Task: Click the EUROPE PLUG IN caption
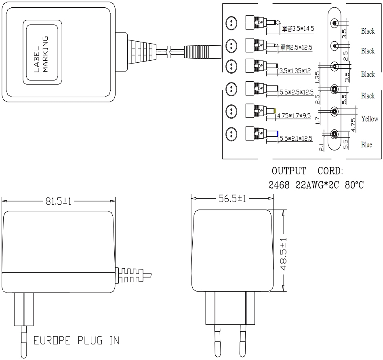[76, 340]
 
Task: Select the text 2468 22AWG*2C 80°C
[316, 185]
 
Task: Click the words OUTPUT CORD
[307, 171]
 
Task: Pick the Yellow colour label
[370, 119]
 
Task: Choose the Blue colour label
[367, 144]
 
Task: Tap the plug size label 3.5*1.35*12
[295, 71]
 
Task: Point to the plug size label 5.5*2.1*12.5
[296, 138]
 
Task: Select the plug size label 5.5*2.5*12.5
[297, 93]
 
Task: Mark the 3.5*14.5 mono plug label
[298, 29]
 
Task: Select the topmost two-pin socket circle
[231, 22]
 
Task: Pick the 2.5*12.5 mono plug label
[296, 47]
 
